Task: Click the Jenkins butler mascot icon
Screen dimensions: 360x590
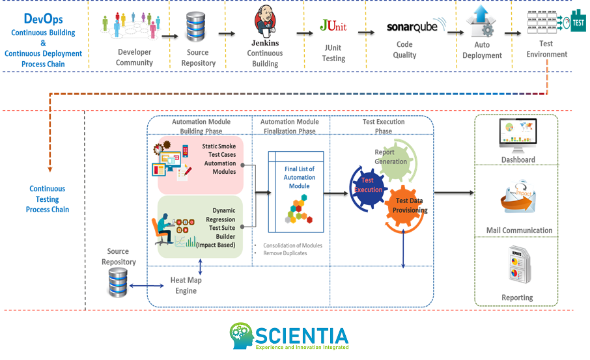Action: point(264,23)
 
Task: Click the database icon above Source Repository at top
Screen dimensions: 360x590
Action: point(196,27)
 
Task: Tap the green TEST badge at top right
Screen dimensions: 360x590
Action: point(578,21)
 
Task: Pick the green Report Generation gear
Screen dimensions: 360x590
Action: point(389,159)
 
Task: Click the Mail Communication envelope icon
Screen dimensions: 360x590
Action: point(518,200)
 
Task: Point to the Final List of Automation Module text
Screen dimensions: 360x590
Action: point(300,178)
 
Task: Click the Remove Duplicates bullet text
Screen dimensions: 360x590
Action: point(285,253)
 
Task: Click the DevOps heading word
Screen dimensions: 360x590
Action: point(43,20)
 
